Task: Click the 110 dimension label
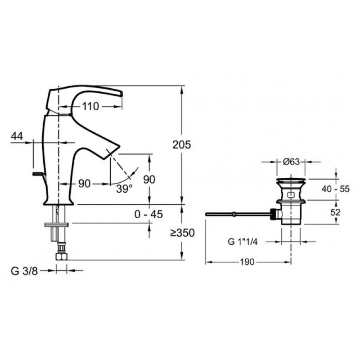pyautogui.click(x=90, y=107)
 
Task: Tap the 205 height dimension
pyautogui.click(x=182, y=145)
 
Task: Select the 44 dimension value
pyautogui.click(x=17, y=136)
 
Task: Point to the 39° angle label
pyautogui.click(x=124, y=189)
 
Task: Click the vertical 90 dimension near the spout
pyautogui.click(x=149, y=180)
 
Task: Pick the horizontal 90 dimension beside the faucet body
pyautogui.click(x=85, y=184)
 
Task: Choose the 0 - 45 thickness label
pyautogui.click(x=149, y=215)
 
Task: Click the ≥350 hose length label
pyautogui.click(x=183, y=233)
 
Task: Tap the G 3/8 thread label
pyautogui.click(x=24, y=271)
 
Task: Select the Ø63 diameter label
pyautogui.click(x=291, y=162)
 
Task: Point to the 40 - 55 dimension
pyautogui.click(x=335, y=189)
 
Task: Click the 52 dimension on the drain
pyautogui.click(x=335, y=212)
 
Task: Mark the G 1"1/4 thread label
pyautogui.click(x=243, y=242)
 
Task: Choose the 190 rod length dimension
pyautogui.click(x=247, y=262)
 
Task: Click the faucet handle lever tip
pyautogui.click(x=121, y=94)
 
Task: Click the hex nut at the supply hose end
pyautogui.click(x=61, y=256)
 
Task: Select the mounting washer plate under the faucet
pyautogui.click(x=57, y=225)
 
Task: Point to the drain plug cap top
pyautogui.click(x=291, y=179)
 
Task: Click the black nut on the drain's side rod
pyautogui.click(x=273, y=214)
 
